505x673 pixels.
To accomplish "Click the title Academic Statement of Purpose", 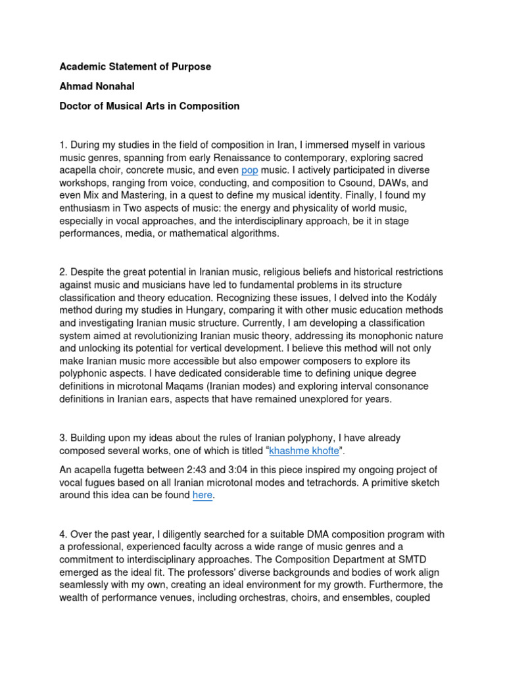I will (x=135, y=67).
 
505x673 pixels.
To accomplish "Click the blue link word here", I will (x=203, y=496).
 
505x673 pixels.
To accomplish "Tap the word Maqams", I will (x=197, y=386).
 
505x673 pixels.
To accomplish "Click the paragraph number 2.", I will (x=62, y=272).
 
